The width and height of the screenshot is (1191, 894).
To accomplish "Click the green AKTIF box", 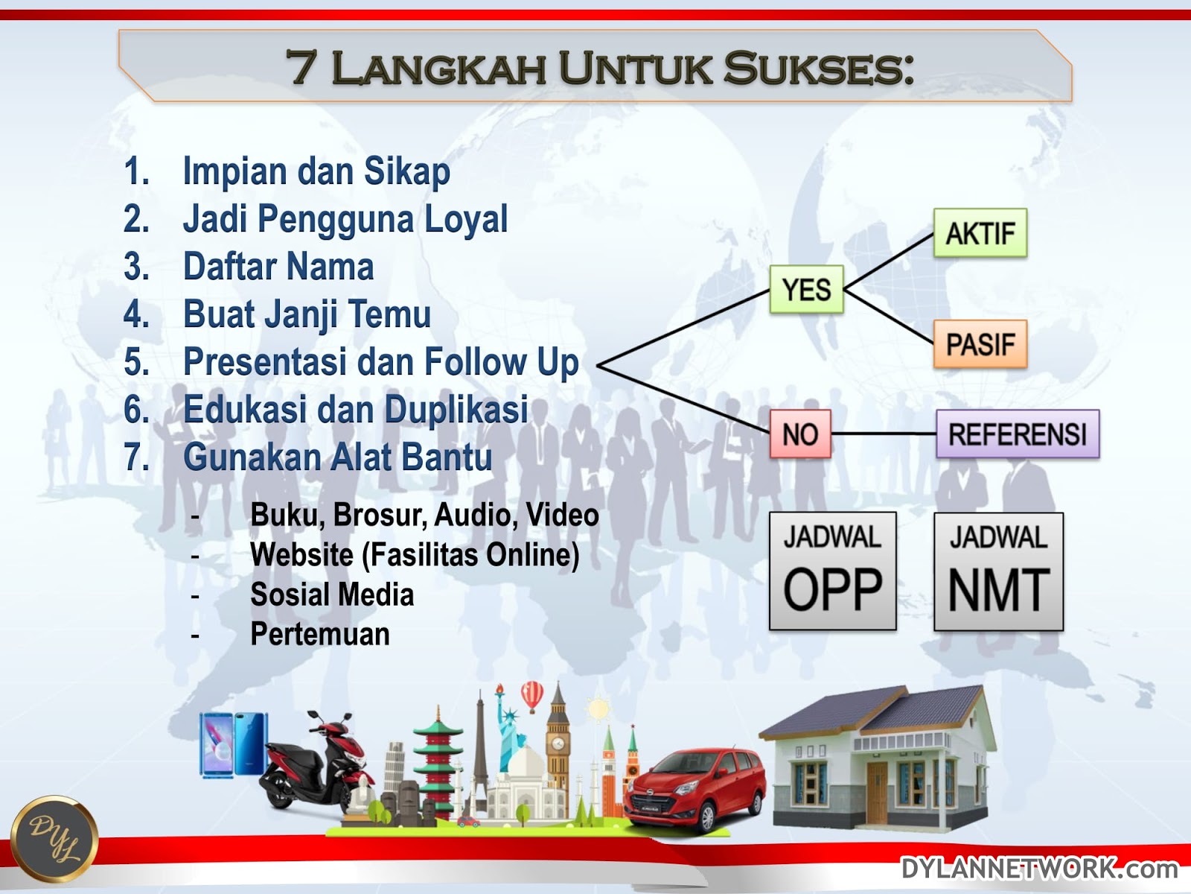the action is pos(980,233).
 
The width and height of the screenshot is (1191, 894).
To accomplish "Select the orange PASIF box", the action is pos(980,344).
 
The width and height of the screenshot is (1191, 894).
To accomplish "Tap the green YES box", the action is pos(806,289).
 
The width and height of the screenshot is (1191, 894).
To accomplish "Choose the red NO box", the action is pos(800,434).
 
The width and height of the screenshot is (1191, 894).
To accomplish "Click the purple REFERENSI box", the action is pos(1018,434).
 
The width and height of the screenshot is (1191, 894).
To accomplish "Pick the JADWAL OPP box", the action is pos(832,571).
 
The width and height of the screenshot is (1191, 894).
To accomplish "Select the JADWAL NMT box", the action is pos(998,571).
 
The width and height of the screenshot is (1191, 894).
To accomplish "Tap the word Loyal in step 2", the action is pos(465,219).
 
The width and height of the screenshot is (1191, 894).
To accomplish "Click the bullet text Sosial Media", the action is pos(332,595).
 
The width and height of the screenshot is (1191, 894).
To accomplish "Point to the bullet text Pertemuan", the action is pos(320,634).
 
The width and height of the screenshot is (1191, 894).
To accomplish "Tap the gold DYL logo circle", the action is pos(54,839).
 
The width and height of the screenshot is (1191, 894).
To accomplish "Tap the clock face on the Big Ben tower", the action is pos(558,743).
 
